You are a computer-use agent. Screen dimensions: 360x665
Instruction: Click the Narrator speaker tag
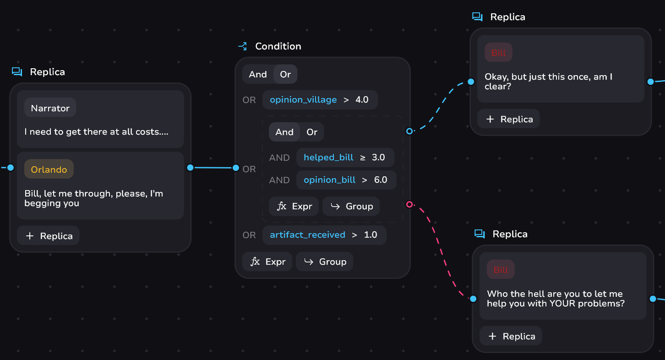tap(50, 108)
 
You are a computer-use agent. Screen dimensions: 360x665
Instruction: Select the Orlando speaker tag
tap(49, 169)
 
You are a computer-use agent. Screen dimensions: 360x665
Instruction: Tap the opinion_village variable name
tap(303, 100)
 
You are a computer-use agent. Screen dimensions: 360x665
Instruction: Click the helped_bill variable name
tap(328, 158)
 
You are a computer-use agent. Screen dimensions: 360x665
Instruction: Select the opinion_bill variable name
tap(329, 180)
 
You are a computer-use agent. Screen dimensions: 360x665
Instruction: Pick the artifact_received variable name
tap(307, 235)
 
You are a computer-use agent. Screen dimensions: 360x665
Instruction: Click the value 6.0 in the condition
tap(381, 180)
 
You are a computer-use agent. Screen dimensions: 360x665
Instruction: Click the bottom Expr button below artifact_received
tap(267, 262)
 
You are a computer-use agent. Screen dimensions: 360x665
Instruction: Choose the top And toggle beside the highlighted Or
tap(258, 75)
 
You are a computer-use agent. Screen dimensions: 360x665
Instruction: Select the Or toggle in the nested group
tap(312, 132)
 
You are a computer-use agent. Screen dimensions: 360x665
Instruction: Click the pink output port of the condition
tap(409, 204)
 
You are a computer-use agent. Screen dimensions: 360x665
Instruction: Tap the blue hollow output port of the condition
tap(409, 131)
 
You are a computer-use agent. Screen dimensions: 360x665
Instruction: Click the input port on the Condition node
tap(236, 168)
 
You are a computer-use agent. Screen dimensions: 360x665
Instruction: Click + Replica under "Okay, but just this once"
tap(508, 119)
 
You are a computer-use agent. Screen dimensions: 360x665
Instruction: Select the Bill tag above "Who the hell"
tap(501, 270)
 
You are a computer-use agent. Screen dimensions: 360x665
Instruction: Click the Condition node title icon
tap(243, 46)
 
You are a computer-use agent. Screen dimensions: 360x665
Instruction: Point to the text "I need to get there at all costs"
tap(96, 132)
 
